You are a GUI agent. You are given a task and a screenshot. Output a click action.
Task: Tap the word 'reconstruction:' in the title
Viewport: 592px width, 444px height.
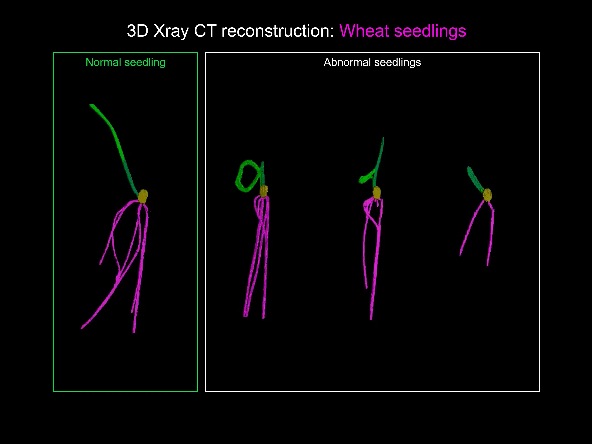278,31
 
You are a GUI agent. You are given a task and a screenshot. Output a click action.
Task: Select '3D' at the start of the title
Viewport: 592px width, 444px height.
138,31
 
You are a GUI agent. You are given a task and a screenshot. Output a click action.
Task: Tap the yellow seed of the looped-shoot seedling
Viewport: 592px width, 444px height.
264,191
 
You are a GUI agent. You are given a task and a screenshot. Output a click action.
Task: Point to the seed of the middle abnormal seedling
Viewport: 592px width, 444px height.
377,193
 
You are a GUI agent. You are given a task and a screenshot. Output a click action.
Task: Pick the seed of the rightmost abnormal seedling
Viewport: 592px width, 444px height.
487,195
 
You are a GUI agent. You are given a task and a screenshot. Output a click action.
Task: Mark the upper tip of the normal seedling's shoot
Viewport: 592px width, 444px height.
91,105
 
